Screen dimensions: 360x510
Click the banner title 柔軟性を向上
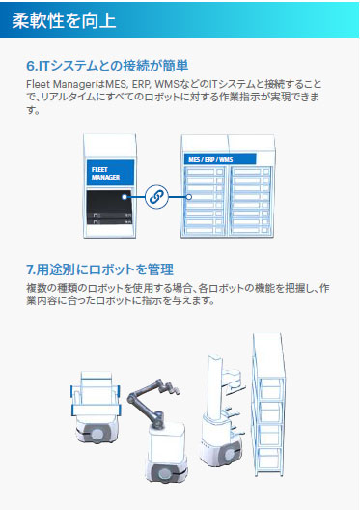pyautogui.click(x=64, y=20)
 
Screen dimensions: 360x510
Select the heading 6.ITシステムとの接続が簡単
pyautogui.click(x=107, y=66)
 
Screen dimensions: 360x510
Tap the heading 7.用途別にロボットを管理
pyautogui.click(x=99, y=269)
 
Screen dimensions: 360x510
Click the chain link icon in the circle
pyautogui.click(x=156, y=196)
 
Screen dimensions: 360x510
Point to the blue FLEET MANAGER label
pyautogui.click(x=110, y=173)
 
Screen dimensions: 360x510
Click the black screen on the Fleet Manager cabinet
pyautogui.click(x=109, y=207)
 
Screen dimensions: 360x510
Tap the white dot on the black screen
pyautogui.click(x=125, y=197)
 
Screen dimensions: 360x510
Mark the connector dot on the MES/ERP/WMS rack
pyautogui.click(x=189, y=197)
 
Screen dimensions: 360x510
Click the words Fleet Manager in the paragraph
pyautogui.click(x=65, y=84)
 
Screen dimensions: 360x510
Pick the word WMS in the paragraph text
pyautogui.click(x=167, y=84)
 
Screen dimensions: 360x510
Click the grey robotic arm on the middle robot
pyautogui.click(x=152, y=402)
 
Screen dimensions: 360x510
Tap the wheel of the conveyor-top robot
pyautogui.click(x=97, y=435)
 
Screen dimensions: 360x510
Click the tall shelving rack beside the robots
pyautogui.click(x=267, y=405)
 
